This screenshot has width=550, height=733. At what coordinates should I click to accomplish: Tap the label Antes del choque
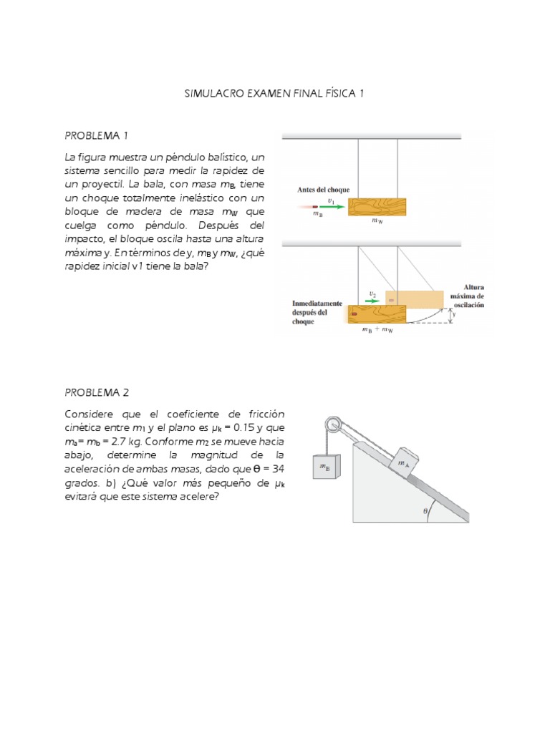(x=323, y=190)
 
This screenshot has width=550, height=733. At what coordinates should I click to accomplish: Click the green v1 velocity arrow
(x=332, y=207)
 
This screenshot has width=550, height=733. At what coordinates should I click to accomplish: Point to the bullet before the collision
(x=314, y=207)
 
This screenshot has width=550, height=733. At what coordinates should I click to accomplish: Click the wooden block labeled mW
(x=377, y=206)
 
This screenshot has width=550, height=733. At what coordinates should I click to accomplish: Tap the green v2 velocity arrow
(x=373, y=301)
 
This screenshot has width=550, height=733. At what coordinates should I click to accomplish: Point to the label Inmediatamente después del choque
(x=317, y=312)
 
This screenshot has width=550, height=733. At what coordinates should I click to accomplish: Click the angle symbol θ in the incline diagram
(x=425, y=511)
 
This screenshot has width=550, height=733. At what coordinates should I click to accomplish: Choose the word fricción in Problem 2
(x=266, y=414)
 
